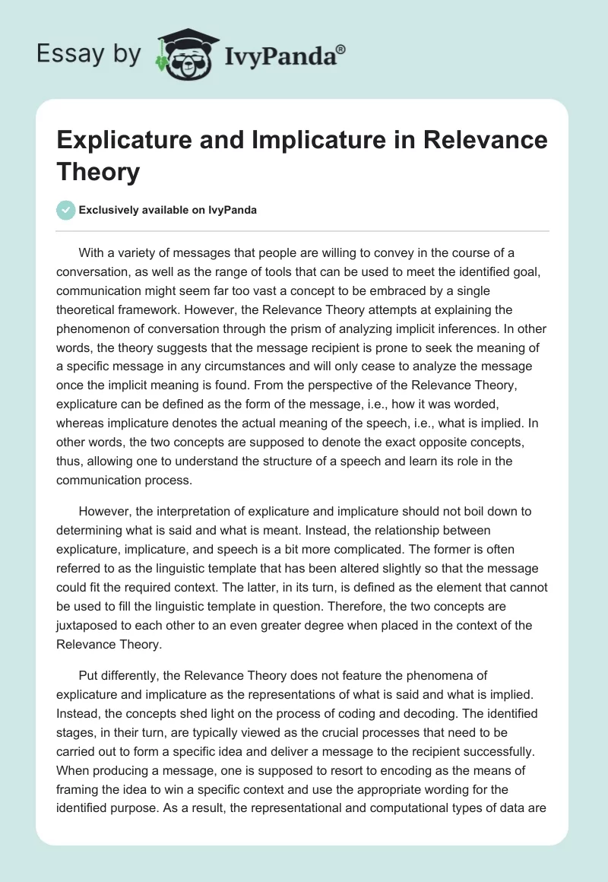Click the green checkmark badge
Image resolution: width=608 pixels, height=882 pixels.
pos(66,210)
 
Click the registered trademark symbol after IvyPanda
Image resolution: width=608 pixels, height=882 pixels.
pos(341,49)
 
